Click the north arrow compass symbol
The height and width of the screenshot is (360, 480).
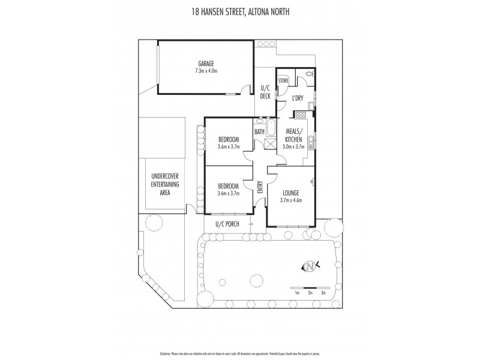point(310,266)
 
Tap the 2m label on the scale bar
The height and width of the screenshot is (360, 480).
point(310,293)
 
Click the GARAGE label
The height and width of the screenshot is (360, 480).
point(206,64)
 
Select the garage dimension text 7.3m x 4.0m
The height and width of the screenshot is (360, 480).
point(206,71)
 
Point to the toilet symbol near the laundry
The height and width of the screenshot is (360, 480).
point(309,74)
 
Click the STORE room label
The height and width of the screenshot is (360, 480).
point(283,80)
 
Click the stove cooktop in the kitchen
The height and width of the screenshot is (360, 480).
point(298,113)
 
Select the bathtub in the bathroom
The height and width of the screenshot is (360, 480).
point(271,128)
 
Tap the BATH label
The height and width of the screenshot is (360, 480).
point(259,131)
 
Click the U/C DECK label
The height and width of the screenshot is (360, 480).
point(265,92)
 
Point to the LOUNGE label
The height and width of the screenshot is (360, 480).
point(290,193)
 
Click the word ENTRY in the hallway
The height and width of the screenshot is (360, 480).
point(260,187)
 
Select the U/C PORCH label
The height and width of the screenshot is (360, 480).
point(227,224)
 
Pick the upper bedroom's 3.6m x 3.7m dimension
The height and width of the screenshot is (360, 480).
point(227,146)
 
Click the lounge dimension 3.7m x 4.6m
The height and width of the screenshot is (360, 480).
point(290,200)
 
